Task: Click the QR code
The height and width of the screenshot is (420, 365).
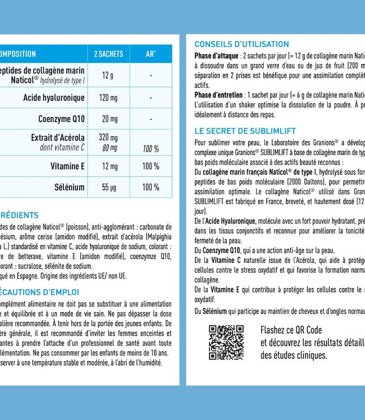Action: [226, 342]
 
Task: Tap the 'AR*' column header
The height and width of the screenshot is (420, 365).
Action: [151, 54]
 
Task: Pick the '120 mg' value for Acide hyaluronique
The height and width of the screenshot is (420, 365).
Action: [108, 98]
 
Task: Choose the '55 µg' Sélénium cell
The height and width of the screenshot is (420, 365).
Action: [108, 187]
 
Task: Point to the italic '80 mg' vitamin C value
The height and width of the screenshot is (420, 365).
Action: [108, 148]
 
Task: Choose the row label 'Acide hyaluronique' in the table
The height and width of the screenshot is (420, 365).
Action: [54, 98]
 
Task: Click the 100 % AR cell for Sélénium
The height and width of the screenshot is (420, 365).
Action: [151, 187]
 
